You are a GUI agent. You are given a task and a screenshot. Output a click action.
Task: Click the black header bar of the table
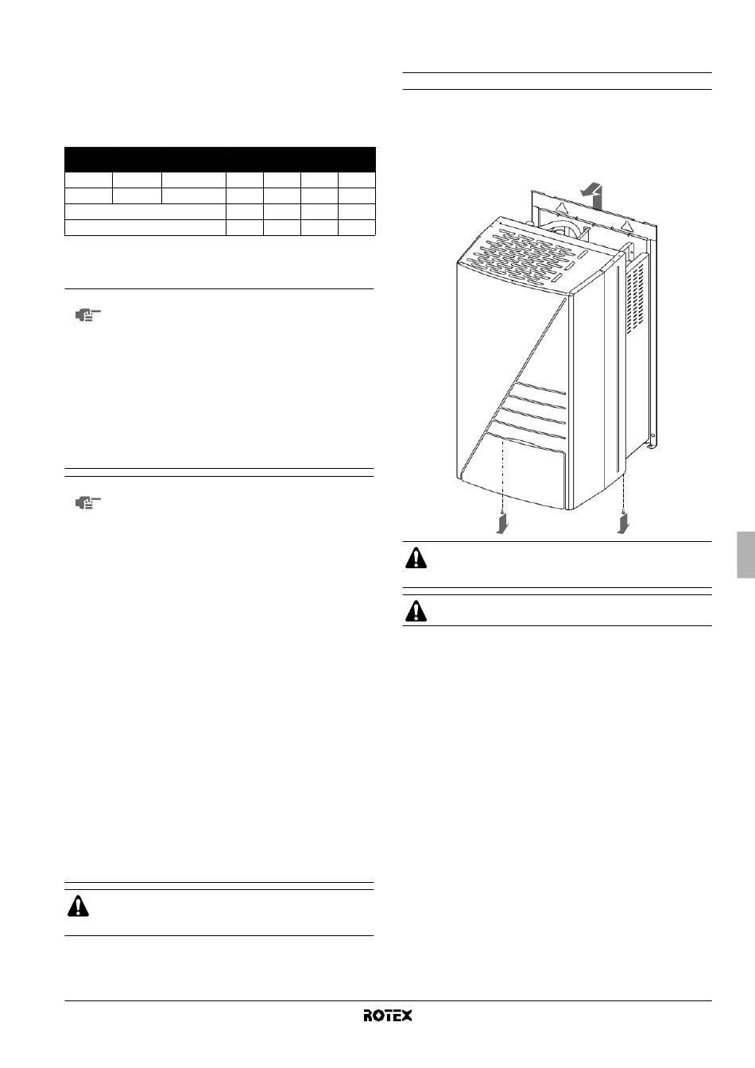220,160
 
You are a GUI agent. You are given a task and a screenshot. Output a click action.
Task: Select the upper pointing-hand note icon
88,315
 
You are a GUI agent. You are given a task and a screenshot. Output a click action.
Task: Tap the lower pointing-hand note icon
88,502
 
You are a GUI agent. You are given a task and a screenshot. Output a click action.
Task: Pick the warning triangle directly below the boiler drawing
416,559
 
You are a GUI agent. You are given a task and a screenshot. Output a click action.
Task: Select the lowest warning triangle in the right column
416,612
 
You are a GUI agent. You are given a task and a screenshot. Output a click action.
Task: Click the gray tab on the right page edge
746,555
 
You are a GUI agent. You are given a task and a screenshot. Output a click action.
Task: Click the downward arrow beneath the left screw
501,525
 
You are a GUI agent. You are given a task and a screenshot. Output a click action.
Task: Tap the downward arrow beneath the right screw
622,525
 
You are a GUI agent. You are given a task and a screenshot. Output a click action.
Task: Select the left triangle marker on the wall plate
561,207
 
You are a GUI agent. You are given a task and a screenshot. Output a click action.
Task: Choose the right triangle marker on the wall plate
627,223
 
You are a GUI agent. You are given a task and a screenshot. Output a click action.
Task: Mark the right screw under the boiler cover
623,512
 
